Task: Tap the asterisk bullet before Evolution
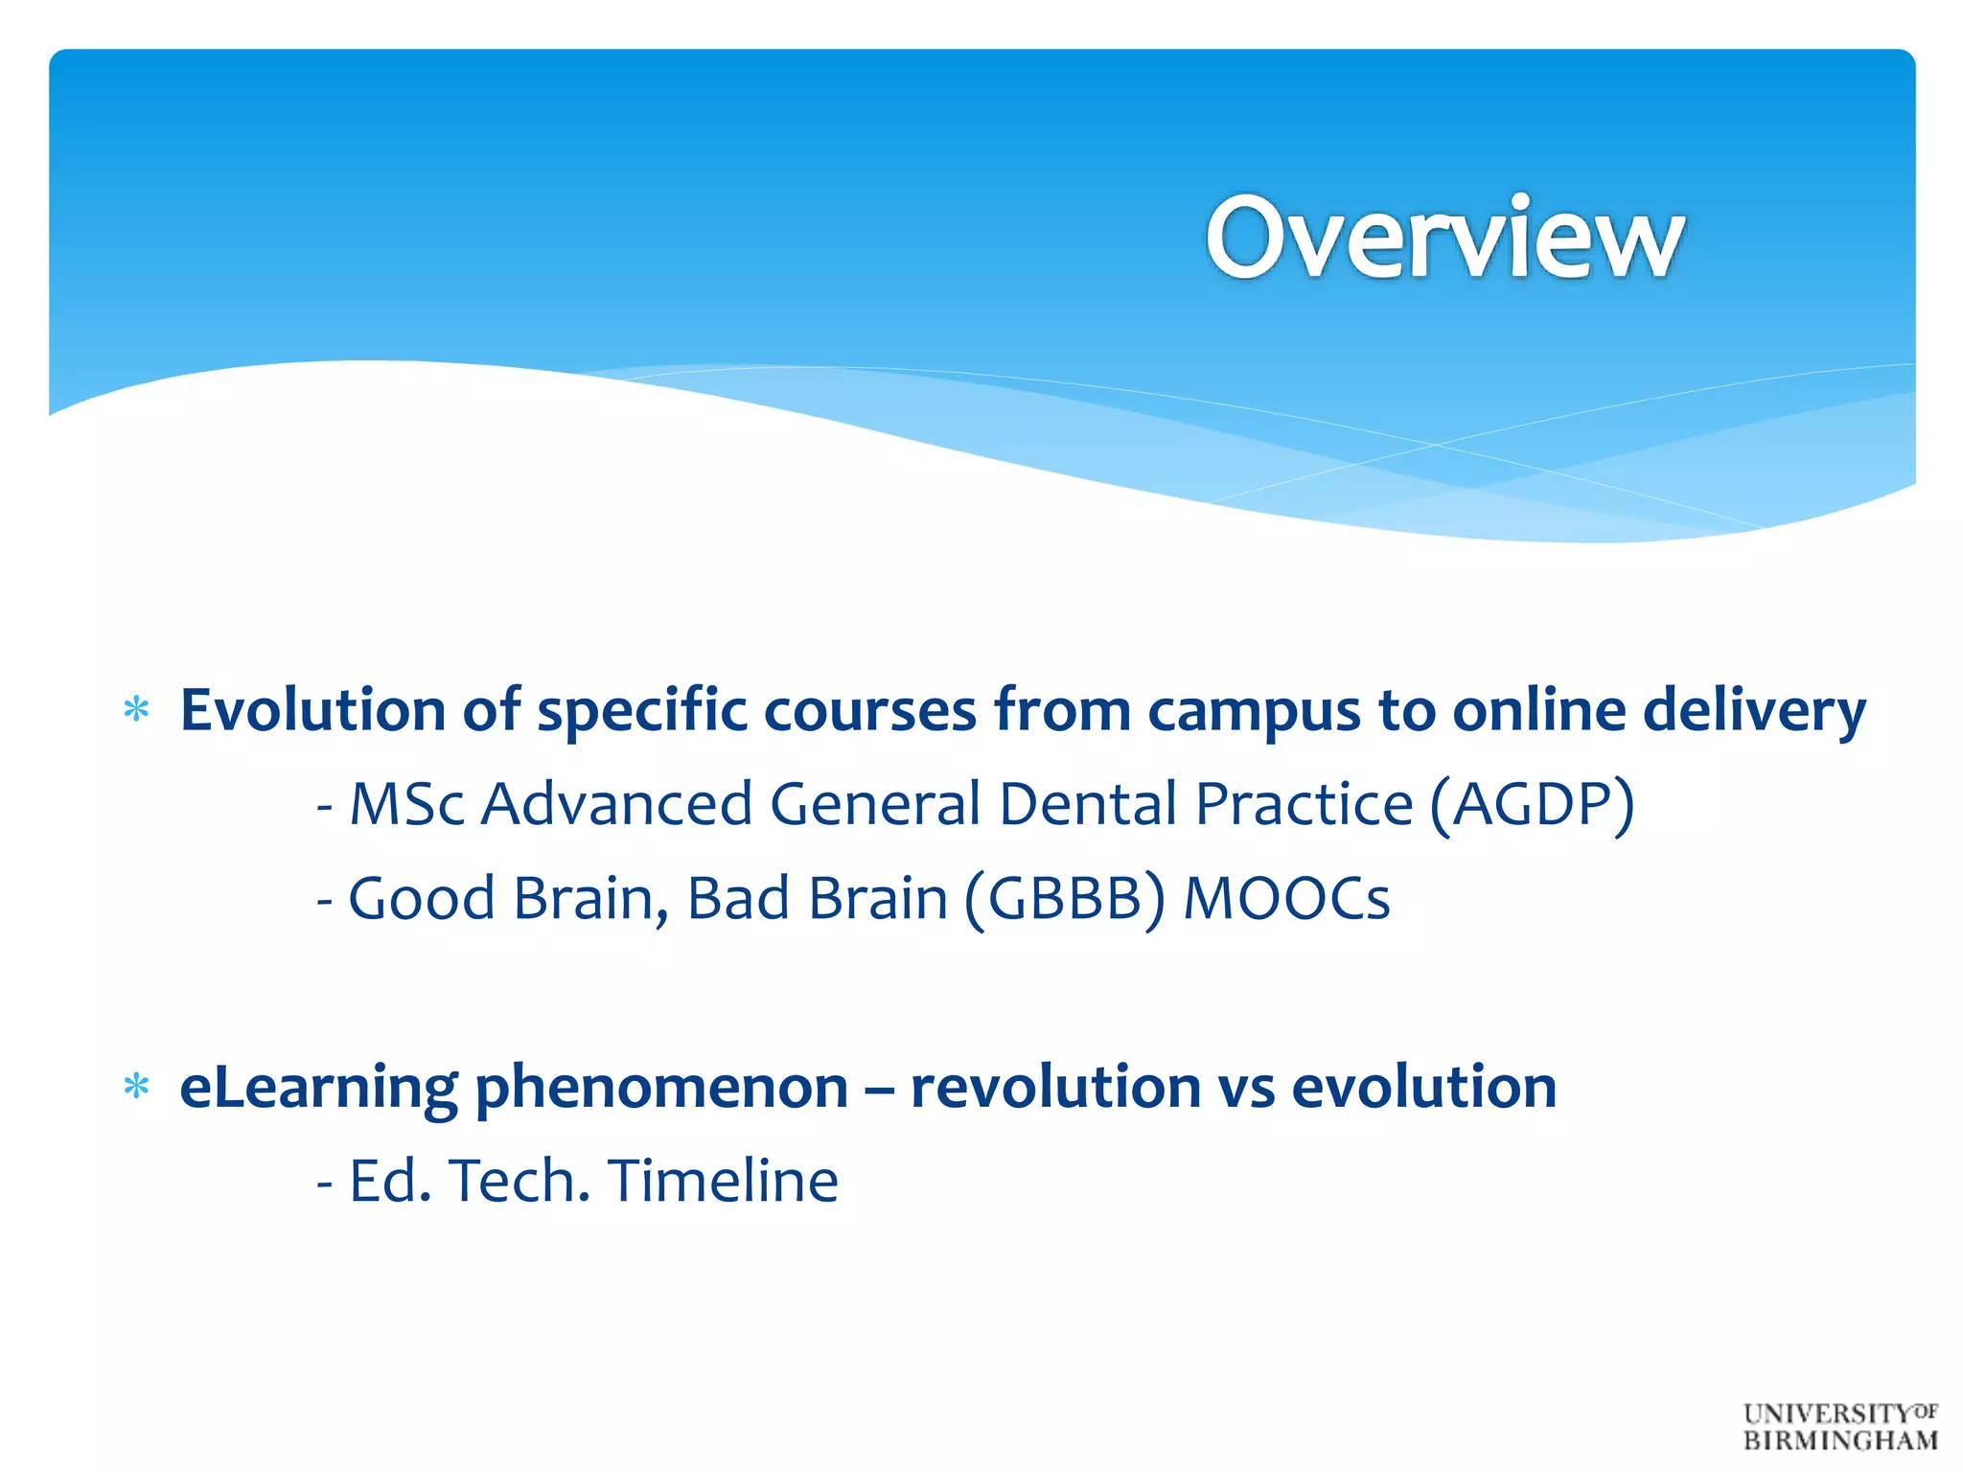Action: click(137, 711)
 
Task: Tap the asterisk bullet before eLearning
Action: click(137, 1088)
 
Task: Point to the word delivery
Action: click(1754, 711)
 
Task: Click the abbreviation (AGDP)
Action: click(1532, 803)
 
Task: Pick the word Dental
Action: click(1088, 803)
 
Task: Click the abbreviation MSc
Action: click(407, 803)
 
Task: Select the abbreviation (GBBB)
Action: click(1065, 898)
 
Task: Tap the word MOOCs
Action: click(1286, 898)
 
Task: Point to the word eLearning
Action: click(319, 1088)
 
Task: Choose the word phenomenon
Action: click(661, 1088)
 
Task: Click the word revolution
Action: click(1055, 1088)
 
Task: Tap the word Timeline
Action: click(723, 1180)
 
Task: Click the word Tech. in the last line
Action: click(519, 1180)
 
